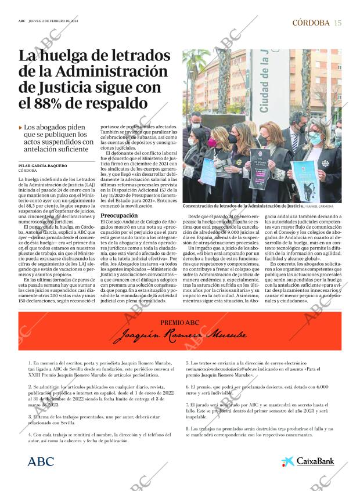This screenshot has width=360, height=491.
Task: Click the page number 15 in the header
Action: [338, 23]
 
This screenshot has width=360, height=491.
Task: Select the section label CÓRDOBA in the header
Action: [311, 23]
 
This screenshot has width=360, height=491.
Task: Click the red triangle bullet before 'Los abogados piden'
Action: [20, 127]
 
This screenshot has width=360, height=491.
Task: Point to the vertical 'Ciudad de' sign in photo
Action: [264, 81]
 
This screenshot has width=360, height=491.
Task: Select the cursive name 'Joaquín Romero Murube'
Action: [180, 335]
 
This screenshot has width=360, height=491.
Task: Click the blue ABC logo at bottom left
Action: [41, 461]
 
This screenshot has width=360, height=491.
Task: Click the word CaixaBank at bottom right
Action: [315, 462]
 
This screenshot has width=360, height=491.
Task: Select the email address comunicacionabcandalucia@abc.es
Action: [224, 369]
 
